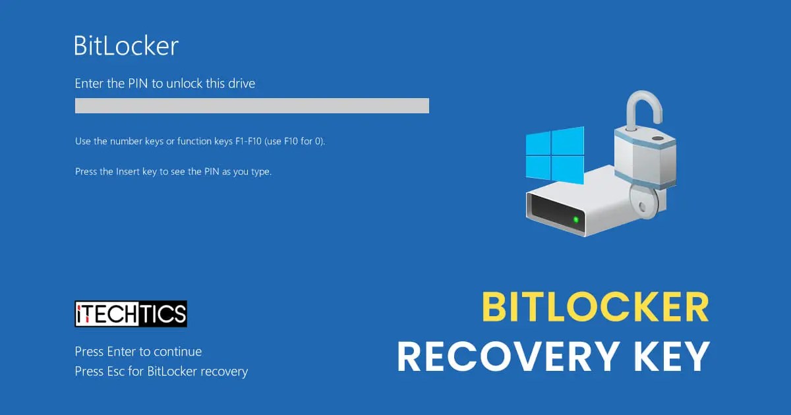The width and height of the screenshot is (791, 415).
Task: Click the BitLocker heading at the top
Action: point(126,46)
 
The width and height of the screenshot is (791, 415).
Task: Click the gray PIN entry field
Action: point(252,105)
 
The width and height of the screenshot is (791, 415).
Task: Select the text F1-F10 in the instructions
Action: point(245,142)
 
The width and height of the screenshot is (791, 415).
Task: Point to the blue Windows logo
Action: point(554,155)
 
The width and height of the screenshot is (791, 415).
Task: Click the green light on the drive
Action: point(576,219)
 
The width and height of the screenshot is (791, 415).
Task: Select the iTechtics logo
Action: point(131,314)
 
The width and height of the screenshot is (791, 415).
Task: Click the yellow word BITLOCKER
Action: point(595,307)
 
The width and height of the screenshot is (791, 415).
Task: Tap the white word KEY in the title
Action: point(672,356)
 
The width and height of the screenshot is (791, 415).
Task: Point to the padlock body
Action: point(646,158)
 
